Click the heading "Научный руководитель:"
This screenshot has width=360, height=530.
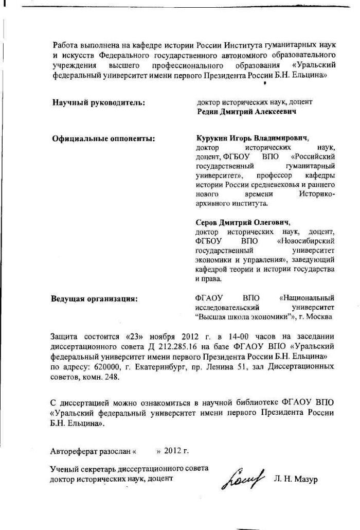tap(98, 102)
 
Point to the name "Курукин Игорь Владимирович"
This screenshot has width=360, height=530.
tap(251, 138)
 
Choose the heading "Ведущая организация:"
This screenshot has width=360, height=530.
tap(94, 298)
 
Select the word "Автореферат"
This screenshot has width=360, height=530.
tap(71, 451)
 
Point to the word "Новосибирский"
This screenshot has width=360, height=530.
tap(307, 241)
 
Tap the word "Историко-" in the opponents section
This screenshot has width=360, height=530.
tap(316, 194)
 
